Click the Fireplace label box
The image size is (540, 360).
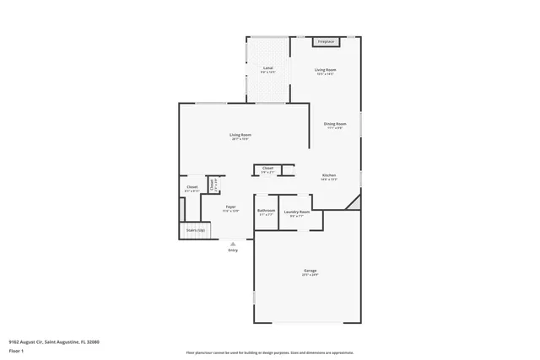pos(326,41)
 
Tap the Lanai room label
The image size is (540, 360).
pos(267,68)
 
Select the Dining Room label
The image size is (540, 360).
pos(333,125)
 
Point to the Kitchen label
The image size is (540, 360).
pos(328,176)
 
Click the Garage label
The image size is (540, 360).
pos(310,271)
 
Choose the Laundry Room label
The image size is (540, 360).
pos(297,212)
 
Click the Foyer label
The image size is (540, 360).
pos(230,207)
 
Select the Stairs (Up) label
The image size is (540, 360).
pos(196,229)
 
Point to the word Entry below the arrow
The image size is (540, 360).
pos(233,250)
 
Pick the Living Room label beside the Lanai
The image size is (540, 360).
pos(326,70)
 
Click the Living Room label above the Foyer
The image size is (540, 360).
pos(240,135)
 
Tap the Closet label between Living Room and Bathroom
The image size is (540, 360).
pos(267,169)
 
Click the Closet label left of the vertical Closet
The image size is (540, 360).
pos(192,187)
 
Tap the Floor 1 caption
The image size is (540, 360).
pos(17,350)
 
